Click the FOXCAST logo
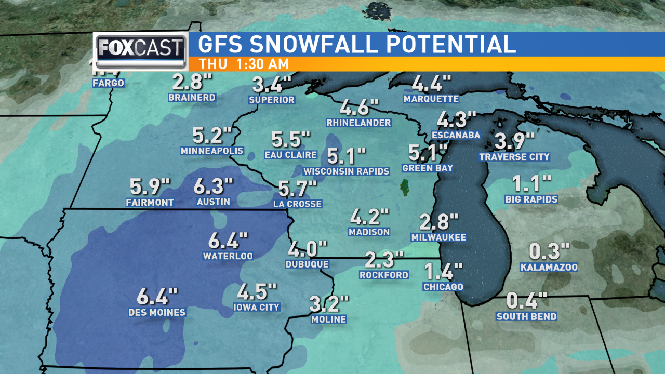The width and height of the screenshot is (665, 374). point(140,51)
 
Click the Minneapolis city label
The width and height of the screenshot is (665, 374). point(212,151)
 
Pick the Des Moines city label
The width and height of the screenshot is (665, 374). point(157,313)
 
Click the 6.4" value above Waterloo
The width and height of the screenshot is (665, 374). point(228,241)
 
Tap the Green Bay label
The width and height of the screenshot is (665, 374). point(428,168)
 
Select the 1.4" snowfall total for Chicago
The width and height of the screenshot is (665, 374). point(443,272)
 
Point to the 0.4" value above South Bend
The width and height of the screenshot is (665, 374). point(527,301)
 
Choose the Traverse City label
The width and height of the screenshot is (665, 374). point(514,157)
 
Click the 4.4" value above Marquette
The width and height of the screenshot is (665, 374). point(431,84)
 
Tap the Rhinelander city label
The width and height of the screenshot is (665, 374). point(358,123)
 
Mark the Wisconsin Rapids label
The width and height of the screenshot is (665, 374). point(347,171)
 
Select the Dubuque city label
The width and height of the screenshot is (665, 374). point(307,264)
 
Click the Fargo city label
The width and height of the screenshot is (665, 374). point(109,83)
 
